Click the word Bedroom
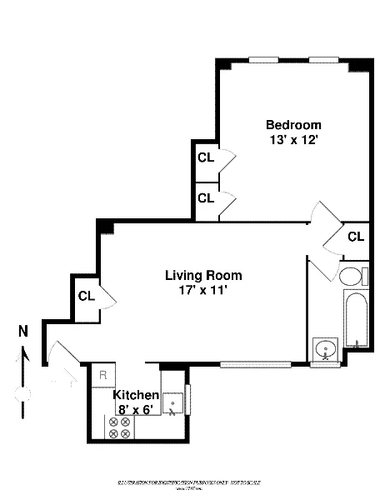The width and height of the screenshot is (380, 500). (292, 125)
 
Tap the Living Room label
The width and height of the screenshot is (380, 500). (203, 275)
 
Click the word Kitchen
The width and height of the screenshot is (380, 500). (136, 394)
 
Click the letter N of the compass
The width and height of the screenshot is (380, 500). (25, 332)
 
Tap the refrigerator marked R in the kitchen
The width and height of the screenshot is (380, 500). (102, 376)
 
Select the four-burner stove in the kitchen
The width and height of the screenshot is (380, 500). (118, 427)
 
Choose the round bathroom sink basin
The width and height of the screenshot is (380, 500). (325, 348)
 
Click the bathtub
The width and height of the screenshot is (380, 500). (354, 319)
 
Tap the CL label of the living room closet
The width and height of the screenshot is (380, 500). (87, 295)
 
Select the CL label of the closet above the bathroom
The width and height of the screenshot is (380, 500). (356, 237)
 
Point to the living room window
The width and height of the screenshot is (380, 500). (256, 363)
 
